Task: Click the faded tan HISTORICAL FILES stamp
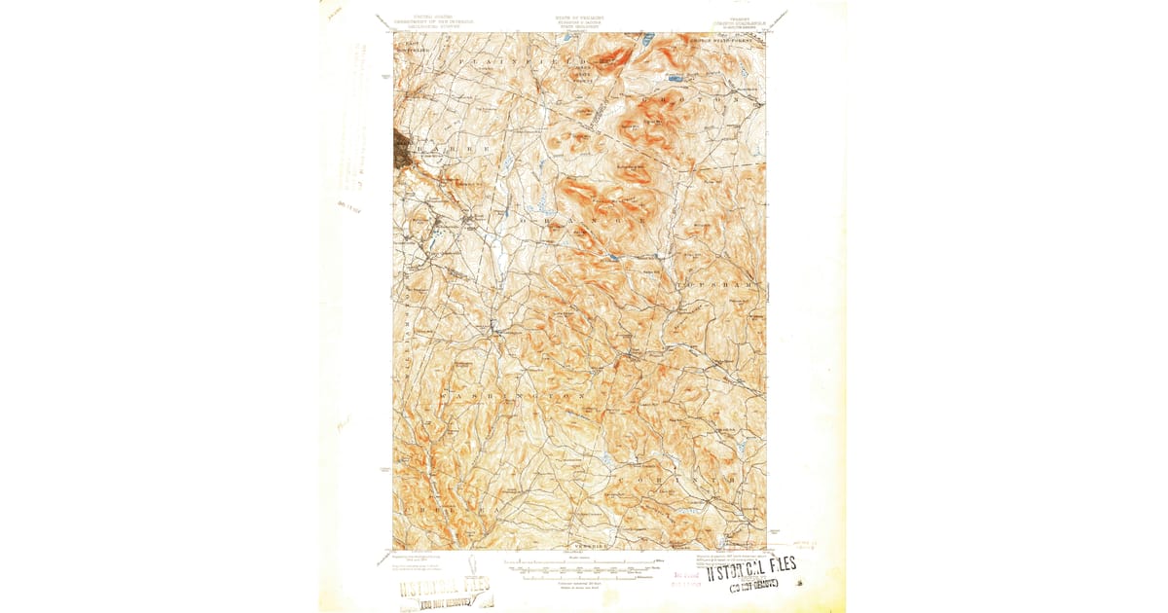[x=444, y=589]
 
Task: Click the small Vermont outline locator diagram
[x=472, y=565]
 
